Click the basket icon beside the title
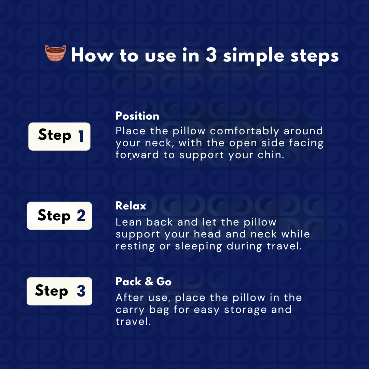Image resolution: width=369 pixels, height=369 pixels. coord(56,53)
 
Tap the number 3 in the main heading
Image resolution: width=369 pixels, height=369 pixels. coord(211,55)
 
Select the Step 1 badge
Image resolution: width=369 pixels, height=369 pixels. coord(59,136)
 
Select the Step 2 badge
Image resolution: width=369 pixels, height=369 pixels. coord(59,216)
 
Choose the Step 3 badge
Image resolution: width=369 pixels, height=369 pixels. coord(59,291)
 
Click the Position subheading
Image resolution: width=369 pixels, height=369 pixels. coord(137,116)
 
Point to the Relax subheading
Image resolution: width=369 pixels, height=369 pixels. coord(131,206)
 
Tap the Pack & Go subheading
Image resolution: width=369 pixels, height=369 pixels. coord(143,282)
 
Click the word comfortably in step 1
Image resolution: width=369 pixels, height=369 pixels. coord(244,131)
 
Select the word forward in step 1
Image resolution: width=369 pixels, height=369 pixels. coord(137,155)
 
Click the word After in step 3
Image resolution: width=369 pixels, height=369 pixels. coord(130,298)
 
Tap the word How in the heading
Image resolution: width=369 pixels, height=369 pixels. coord(92,55)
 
